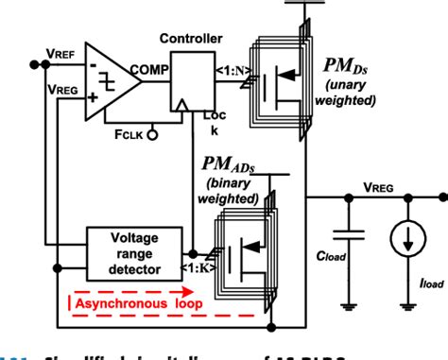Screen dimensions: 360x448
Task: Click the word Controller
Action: (x=192, y=39)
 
